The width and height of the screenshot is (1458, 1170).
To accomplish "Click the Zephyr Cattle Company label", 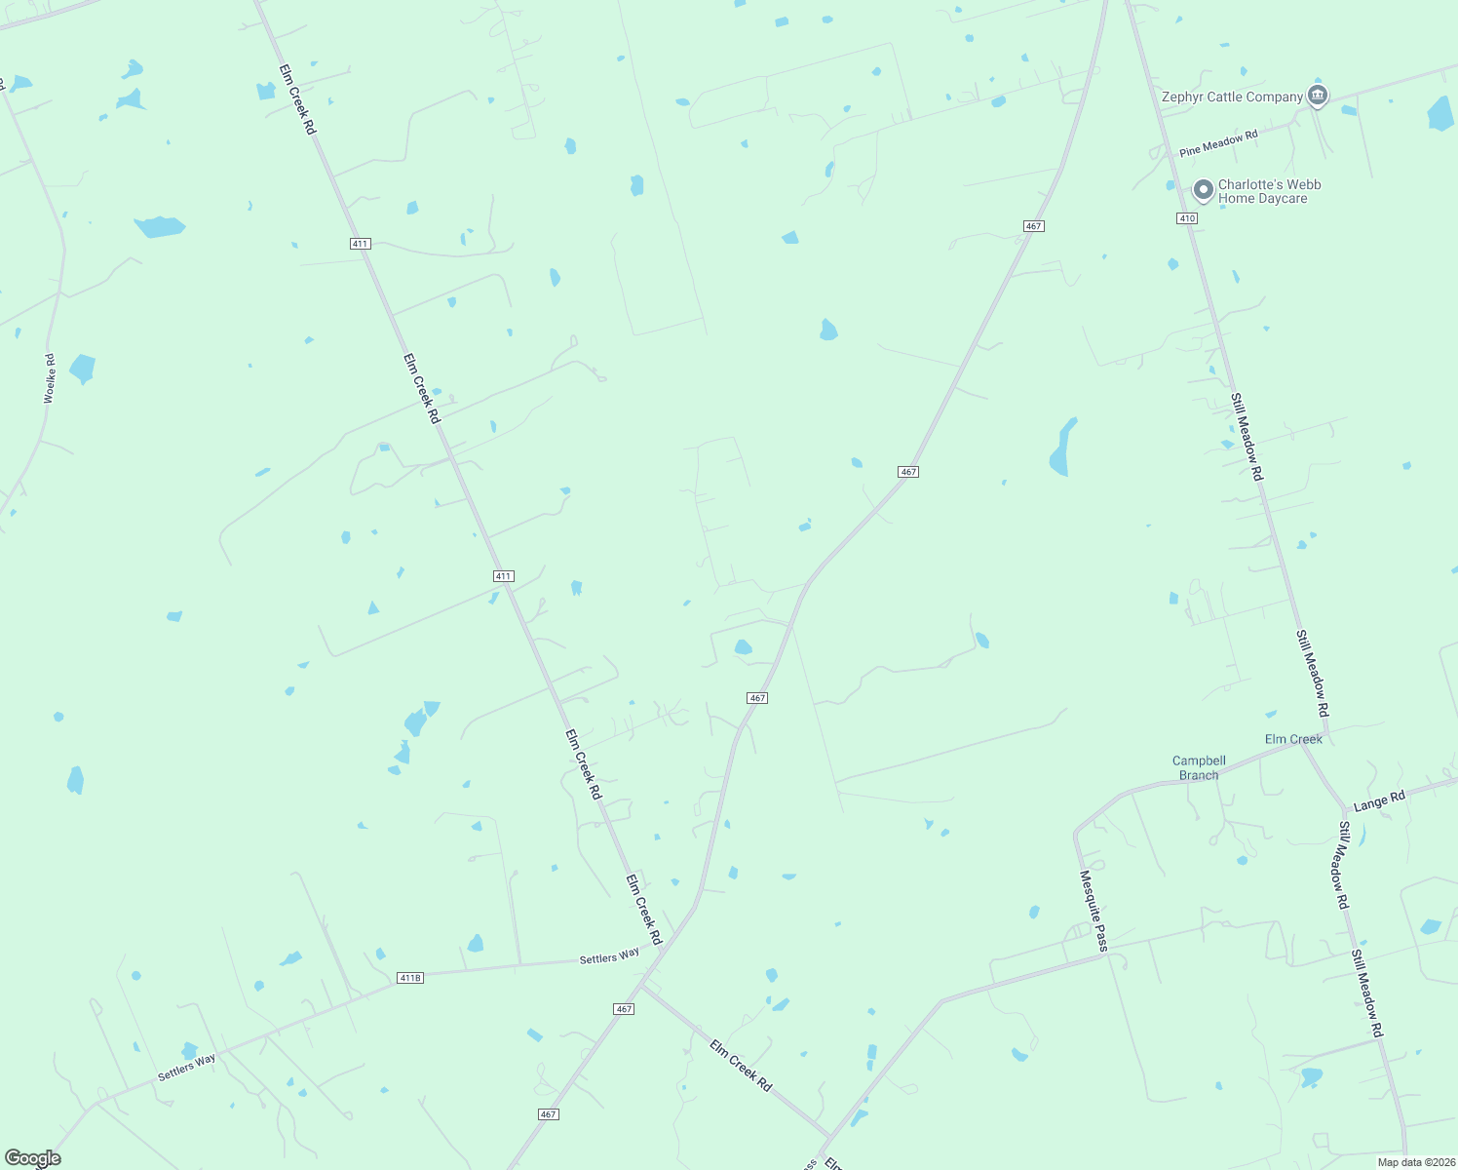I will click(x=1232, y=97).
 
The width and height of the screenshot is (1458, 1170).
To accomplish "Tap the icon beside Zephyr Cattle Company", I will click(x=1318, y=96).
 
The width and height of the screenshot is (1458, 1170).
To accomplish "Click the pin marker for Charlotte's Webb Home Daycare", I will click(x=1204, y=189).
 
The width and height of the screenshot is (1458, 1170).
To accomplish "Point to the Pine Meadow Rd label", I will click(x=1218, y=143).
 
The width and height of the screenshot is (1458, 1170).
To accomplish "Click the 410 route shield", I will click(x=1186, y=218).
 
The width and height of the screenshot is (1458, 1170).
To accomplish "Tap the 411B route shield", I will click(x=410, y=977).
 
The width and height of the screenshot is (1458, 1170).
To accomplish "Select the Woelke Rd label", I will click(x=50, y=379).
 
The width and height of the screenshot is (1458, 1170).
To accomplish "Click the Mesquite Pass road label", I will click(x=1093, y=911).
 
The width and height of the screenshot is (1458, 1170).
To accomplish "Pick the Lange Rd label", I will click(x=1379, y=800).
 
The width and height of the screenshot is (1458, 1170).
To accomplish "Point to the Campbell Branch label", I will click(x=1199, y=767).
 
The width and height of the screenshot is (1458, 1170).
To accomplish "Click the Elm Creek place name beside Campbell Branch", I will click(x=1293, y=739).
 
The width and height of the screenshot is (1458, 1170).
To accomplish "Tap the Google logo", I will click(x=33, y=1158).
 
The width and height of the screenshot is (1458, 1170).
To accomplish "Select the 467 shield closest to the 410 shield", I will click(x=1034, y=226).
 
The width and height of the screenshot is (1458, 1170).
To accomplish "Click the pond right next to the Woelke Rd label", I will click(x=82, y=369).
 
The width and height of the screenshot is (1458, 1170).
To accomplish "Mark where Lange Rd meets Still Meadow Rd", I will click(x=1346, y=809).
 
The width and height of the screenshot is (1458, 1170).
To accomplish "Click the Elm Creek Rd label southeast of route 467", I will click(x=741, y=1065).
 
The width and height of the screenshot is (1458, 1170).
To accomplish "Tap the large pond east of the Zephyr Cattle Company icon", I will click(x=1440, y=113).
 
